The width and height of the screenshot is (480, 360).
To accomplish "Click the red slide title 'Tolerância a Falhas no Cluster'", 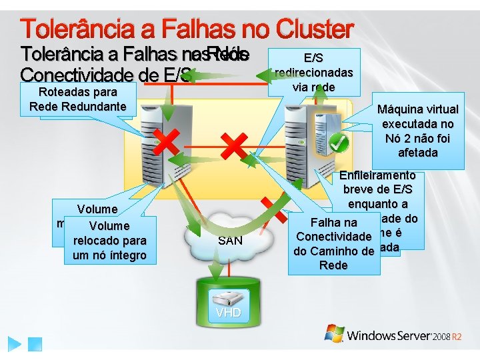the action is (187, 29).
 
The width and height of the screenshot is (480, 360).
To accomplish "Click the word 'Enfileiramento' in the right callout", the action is (377, 175).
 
